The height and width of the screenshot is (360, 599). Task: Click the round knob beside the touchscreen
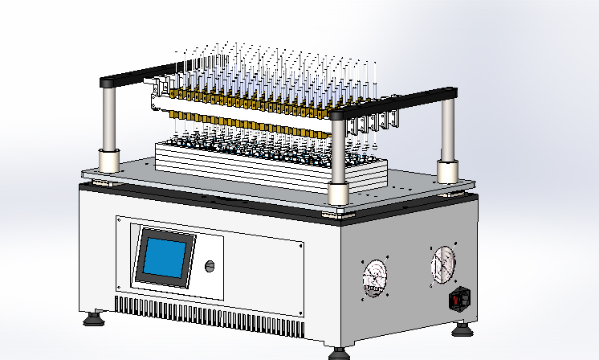click(x=210, y=267)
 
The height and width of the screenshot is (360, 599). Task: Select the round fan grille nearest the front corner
click(x=373, y=276)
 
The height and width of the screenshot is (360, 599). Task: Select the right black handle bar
click(x=393, y=105)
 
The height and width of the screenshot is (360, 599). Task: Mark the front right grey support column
click(x=338, y=153)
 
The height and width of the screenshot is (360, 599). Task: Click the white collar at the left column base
click(x=108, y=160)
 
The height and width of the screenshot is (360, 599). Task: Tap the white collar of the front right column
click(x=338, y=194)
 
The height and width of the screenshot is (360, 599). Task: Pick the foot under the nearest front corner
click(x=339, y=353)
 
